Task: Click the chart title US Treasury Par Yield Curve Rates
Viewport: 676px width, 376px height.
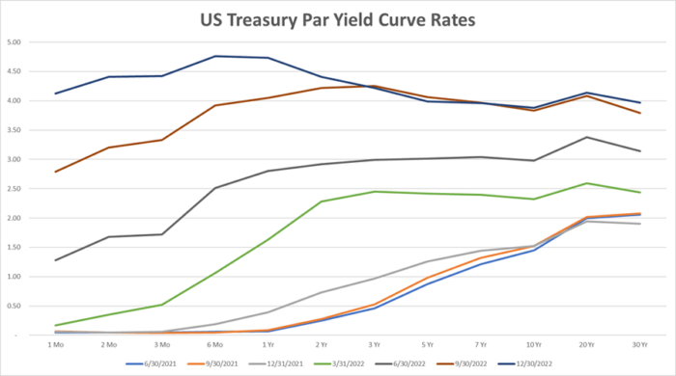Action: [337, 20]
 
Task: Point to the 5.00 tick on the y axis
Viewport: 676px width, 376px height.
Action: [16, 42]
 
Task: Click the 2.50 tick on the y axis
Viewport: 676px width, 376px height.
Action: [16, 189]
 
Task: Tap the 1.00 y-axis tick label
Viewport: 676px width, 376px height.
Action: [16, 277]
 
